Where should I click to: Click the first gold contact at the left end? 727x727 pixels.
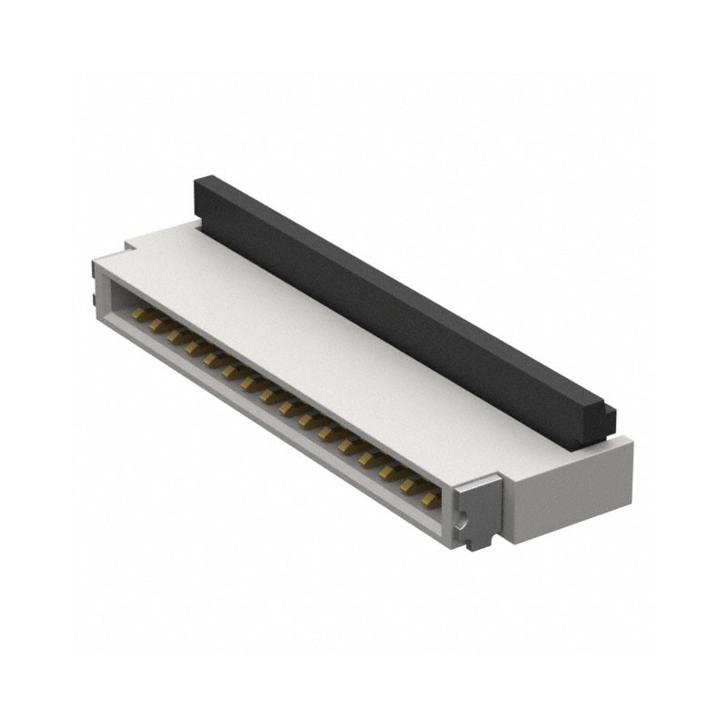(140, 314)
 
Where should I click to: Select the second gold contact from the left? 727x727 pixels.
(158, 324)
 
